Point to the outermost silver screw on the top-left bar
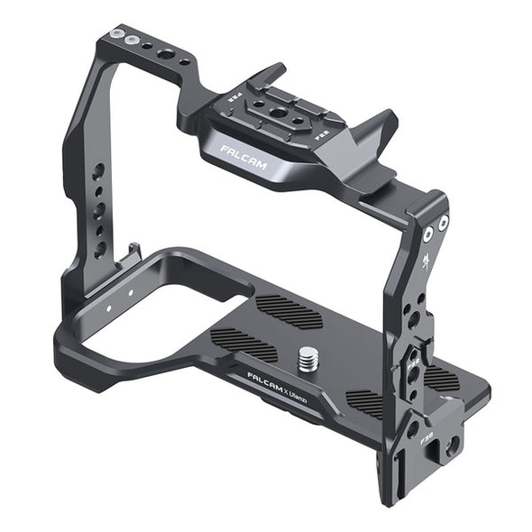(115, 33)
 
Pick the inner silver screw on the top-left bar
(133, 40)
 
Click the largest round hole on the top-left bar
(166, 54)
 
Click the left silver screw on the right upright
(427, 234)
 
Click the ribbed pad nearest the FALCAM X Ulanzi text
(243, 344)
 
